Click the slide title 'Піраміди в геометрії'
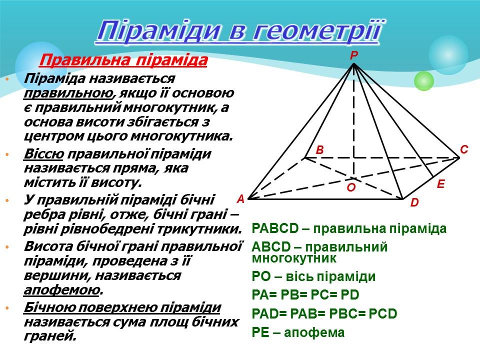click(x=239, y=31)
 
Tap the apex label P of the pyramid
click(x=353, y=56)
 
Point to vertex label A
click(x=240, y=199)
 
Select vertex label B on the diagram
click(x=320, y=150)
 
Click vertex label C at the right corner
click(x=463, y=149)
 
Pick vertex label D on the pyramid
click(x=414, y=203)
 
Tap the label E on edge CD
click(x=440, y=184)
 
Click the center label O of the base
click(x=351, y=187)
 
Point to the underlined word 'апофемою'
click(x=61, y=290)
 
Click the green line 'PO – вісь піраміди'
click(x=314, y=277)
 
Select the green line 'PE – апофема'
click(x=298, y=332)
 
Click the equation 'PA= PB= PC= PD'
click(x=306, y=295)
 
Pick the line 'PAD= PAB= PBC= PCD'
click(x=324, y=314)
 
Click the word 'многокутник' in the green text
click(x=294, y=258)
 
